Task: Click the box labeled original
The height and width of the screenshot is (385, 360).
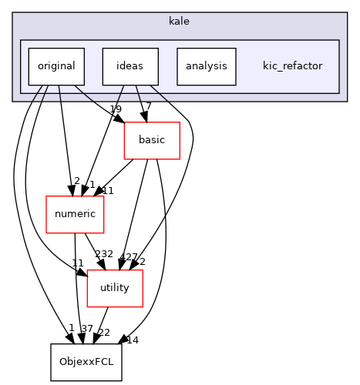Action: (56, 66)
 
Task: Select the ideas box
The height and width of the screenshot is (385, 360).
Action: (130, 66)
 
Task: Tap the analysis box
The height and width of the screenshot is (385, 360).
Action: (206, 66)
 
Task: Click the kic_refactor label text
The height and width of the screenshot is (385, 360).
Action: (292, 66)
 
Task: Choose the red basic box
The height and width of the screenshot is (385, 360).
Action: (152, 141)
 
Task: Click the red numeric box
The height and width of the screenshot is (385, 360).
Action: (75, 215)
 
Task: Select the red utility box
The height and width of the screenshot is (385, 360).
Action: (114, 288)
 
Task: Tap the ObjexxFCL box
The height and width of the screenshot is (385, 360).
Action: (86, 362)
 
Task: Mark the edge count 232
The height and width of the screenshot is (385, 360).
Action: (104, 255)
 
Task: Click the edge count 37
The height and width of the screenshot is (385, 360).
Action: (86, 329)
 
